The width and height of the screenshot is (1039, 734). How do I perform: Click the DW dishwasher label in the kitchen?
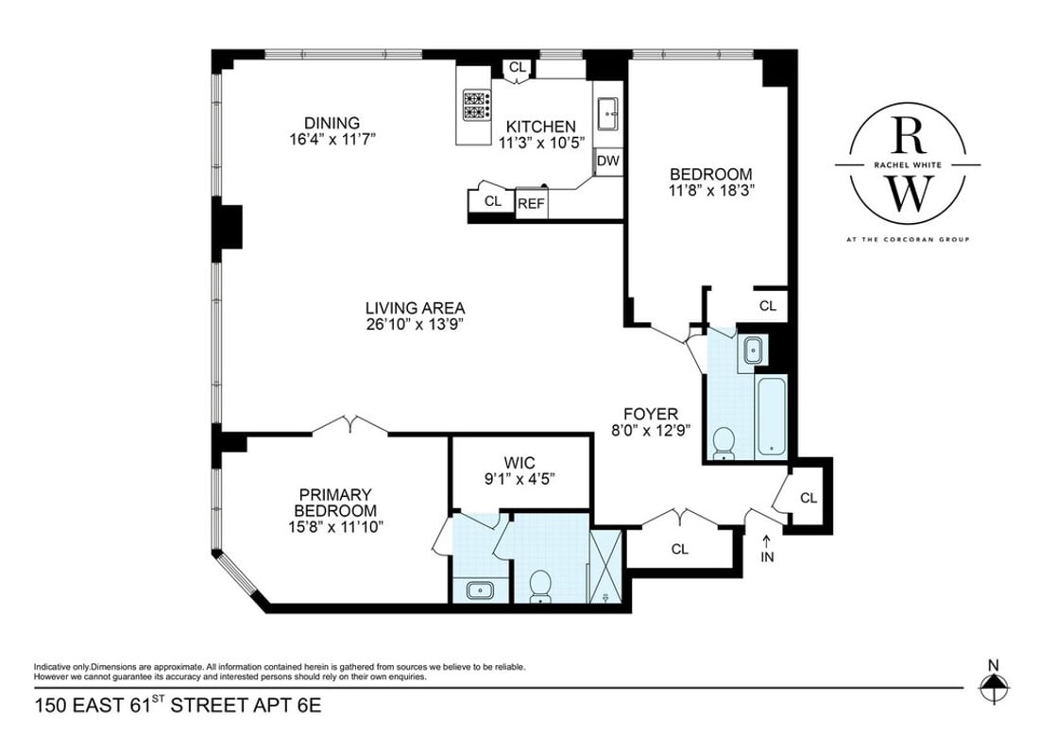pos(608,162)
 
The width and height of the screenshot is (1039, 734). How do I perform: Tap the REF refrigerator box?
pos(531,202)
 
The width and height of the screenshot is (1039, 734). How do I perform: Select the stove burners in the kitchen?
pos(475,105)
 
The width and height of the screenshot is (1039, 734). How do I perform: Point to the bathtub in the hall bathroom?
pos(772,414)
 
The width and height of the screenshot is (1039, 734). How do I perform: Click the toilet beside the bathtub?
pos(724,442)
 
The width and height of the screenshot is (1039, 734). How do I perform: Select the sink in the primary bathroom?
pos(478,590)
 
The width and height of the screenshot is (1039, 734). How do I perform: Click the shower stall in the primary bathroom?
pos(605,568)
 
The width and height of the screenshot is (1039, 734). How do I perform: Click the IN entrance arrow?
pos(767,551)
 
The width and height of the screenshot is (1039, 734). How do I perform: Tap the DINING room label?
pos(332,123)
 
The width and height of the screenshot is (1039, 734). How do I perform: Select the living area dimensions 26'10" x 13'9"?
pos(416,324)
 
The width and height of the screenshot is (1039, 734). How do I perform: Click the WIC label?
pos(519,462)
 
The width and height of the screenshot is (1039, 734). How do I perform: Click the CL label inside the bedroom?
pos(767,306)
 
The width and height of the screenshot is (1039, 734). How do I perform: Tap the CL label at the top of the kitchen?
pos(517,67)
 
